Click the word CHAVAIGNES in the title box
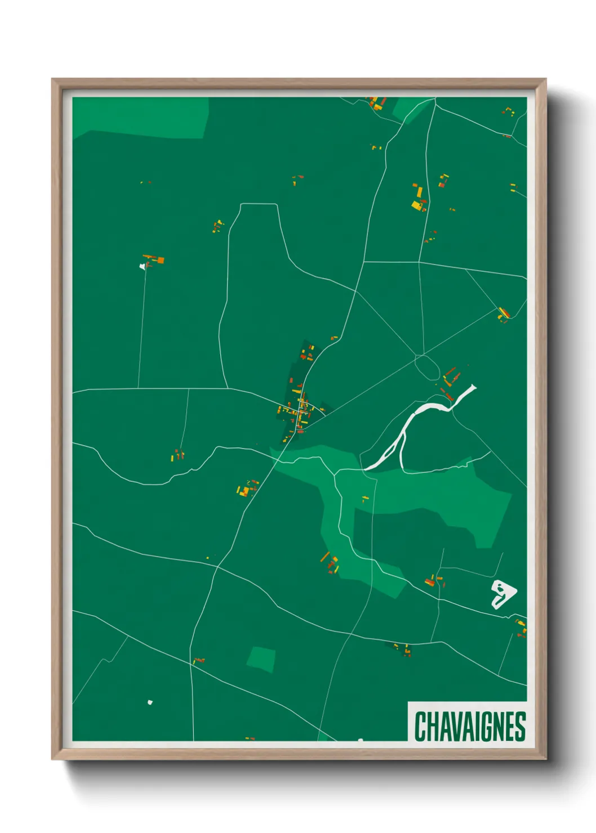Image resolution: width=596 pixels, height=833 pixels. pyautogui.click(x=470, y=727)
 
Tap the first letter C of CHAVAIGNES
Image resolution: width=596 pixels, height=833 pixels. pyautogui.click(x=420, y=727)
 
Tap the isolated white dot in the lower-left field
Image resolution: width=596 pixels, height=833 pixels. pyautogui.click(x=150, y=702)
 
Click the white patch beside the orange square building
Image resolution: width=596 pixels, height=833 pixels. pyautogui.click(x=143, y=266)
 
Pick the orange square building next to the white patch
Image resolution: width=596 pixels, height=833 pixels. pyautogui.click(x=160, y=260)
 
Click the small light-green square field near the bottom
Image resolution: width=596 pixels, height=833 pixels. pyautogui.click(x=261, y=659)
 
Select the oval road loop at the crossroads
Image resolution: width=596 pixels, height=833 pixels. pyautogui.click(x=427, y=367)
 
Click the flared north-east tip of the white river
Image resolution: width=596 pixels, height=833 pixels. pyautogui.click(x=472, y=388)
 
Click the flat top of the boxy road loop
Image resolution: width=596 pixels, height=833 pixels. pyautogui.click(x=259, y=204)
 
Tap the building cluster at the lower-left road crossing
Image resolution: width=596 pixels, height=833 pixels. pyautogui.click(x=198, y=660)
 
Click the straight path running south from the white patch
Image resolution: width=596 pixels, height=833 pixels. pyautogui.click(x=142, y=326)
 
